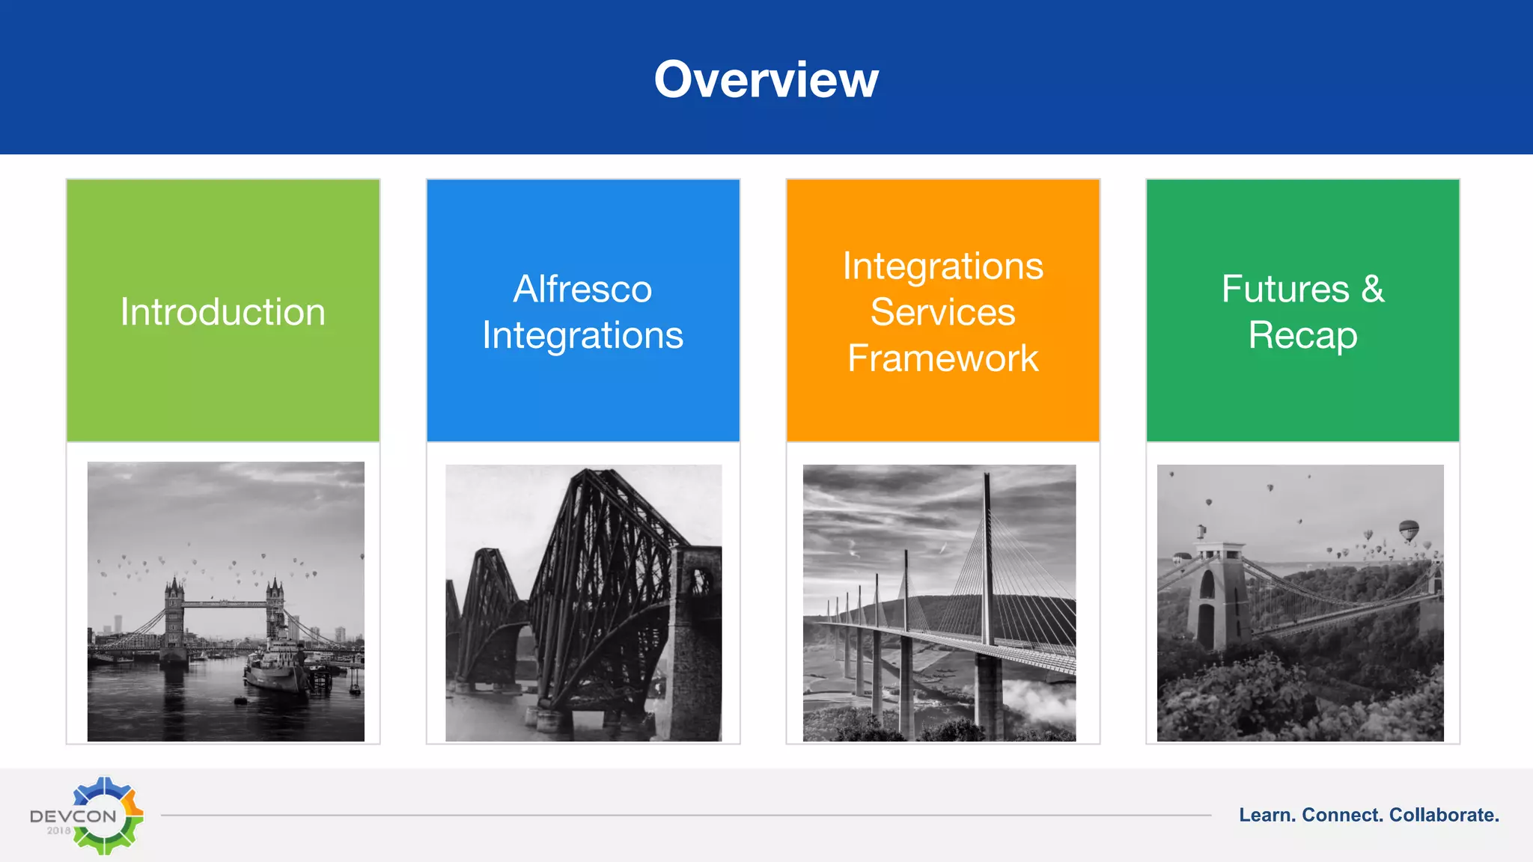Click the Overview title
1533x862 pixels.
[x=766, y=79]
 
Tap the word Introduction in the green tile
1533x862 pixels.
[x=223, y=312]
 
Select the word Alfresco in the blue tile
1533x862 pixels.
[x=582, y=289]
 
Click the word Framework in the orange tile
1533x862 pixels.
[x=942, y=358]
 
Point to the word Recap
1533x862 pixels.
[x=1302, y=334]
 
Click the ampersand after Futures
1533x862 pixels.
[x=1373, y=289]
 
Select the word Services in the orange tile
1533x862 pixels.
[x=942, y=312]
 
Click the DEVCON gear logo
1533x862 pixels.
[x=105, y=815]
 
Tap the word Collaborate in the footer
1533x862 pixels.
[x=1443, y=815]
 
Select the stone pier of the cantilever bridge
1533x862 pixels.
[x=696, y=644]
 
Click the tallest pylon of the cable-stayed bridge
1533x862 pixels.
[x=988, y=569]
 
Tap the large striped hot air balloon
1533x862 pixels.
[x=1409, y=531]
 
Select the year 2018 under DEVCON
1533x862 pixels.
[x=58, y=831]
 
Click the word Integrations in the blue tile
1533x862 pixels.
[x=582, y=335]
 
